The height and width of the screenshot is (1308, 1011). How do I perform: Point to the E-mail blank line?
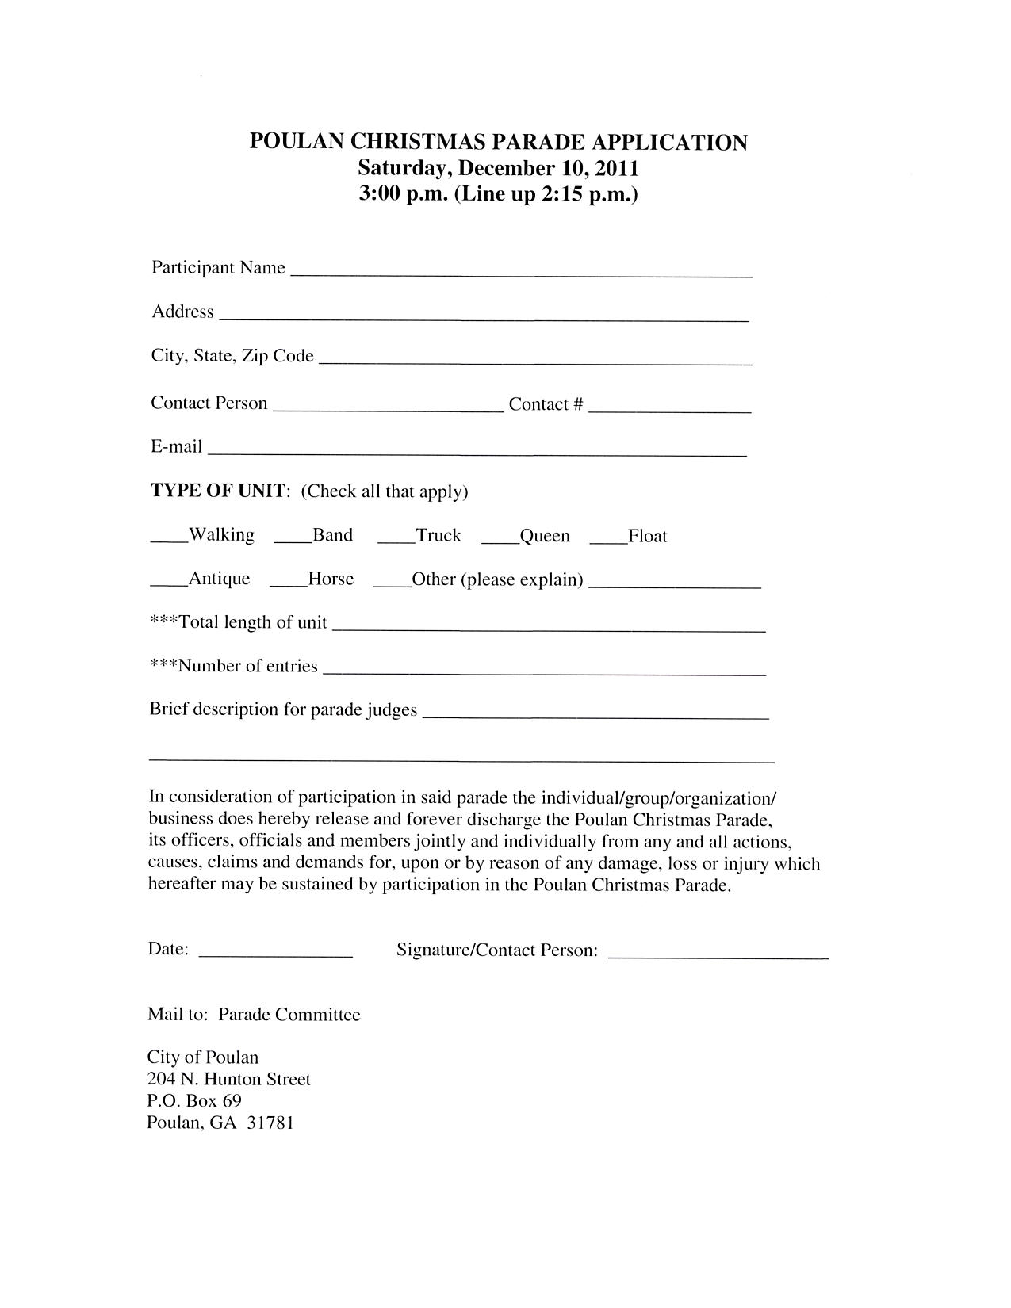[x=477, y=453]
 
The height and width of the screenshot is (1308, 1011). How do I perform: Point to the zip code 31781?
[x=270, y=1123]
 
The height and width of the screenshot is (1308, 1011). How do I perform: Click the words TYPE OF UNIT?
[x=219, y=491]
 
